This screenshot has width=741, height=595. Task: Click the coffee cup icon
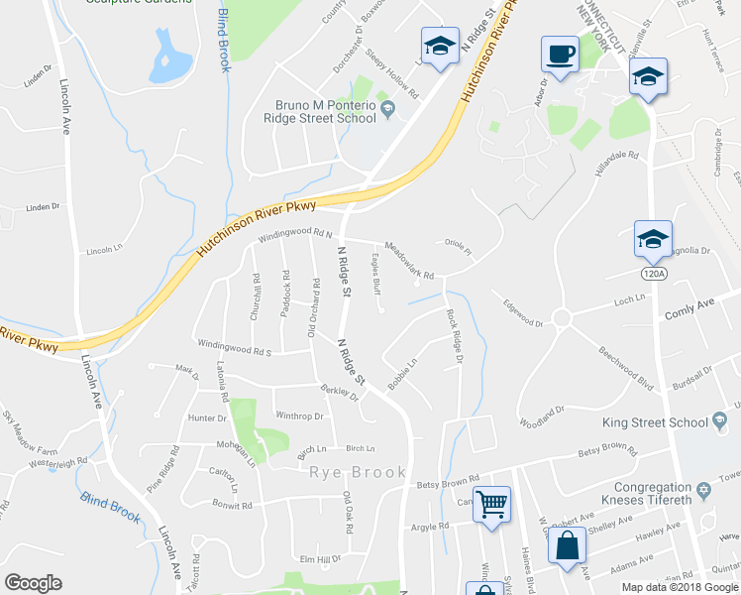coord(560,55)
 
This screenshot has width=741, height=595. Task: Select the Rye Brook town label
coord(359,472)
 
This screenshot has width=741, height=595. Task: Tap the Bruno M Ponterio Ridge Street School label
coord(327,111)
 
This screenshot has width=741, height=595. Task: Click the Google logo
coord(34,583)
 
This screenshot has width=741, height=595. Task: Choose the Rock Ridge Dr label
coord(454,336)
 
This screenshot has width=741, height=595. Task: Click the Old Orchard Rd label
coord(313,307)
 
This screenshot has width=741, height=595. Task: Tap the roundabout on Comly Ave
coord(563,318)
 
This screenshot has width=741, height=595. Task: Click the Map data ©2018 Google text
coord(679,587)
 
